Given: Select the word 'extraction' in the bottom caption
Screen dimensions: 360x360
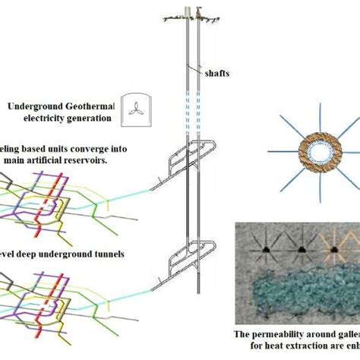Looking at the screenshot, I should click(300, 349).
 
